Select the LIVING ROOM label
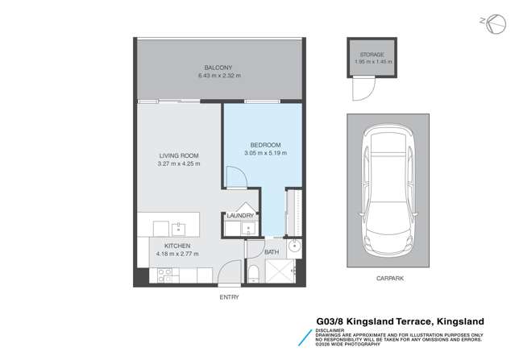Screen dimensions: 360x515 pyautogui.click(x=180, y=155)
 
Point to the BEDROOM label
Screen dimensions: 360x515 pyautogui.click(x=264, y=144)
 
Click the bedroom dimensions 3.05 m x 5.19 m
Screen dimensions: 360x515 pyautogui.click(x=264, y=152)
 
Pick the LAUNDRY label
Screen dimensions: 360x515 pyautogui.click(x=240, y=216)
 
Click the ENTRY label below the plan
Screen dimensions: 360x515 pyautogui.click(x=228, y=297)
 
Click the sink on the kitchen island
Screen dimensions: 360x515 pyautogui.click(x=178, y=224)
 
